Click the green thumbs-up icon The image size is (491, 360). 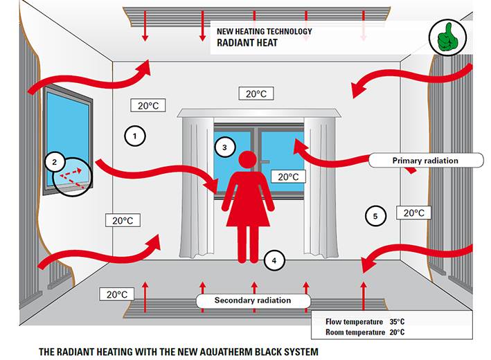tap(448, 37)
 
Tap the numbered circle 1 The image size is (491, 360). tap(135, 136)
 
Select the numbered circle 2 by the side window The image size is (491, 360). tap(55, 162)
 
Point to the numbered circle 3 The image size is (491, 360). tap(224, 147)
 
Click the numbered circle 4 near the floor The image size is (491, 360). tap(274, 260)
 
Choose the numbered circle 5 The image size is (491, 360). tap(375, 216)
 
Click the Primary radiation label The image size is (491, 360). tap(426, 161)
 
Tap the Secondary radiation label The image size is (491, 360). tap(253, 300)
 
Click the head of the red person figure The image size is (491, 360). tap(248, 160)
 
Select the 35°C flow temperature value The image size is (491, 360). tap(397, 321)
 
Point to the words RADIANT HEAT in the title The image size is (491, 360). tap(247, 42)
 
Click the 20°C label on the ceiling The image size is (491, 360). tap(256, 93)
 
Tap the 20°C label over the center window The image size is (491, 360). tap(288, 177)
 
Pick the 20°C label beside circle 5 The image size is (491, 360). tap(413, 213)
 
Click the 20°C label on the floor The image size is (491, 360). tap(117, 294)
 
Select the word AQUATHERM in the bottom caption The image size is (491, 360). tap(226, 352)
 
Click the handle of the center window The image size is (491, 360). tap(265, 162)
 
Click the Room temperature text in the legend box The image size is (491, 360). tap(355, 332)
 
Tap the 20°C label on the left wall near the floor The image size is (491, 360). tap(123, 220)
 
